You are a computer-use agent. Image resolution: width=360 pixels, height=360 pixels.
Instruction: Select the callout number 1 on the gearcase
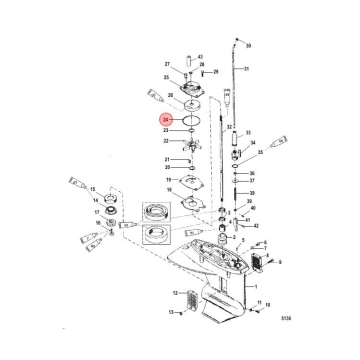pos(256,287)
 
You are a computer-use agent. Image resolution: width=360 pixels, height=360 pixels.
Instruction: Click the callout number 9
pos(280,262)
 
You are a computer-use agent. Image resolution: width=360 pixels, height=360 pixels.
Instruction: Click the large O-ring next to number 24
pos(192,120)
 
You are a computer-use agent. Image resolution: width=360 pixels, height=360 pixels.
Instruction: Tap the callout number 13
pos(171,312)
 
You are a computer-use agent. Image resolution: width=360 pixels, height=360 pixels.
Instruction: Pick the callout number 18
pos(169,190)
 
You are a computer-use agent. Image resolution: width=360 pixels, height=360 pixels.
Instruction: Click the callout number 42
pos(256,225)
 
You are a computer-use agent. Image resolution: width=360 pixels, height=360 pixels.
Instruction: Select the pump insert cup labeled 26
pos(192,105)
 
